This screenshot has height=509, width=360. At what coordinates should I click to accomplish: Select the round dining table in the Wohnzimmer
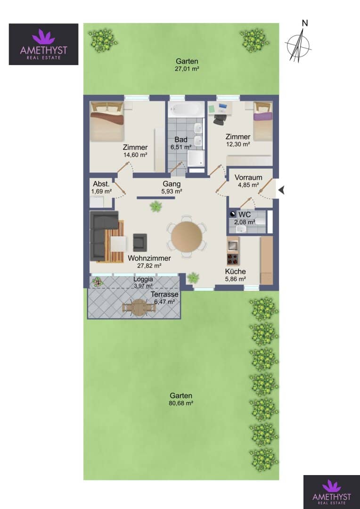(x=187, y=236)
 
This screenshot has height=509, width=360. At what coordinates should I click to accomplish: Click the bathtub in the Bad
(x=186, y=110)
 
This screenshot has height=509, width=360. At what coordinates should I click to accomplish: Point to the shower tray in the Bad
(x=196, y=158)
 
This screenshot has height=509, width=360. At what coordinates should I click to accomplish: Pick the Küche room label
(x=236, y=272)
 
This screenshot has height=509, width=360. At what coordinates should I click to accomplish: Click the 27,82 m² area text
(x=149, y=265)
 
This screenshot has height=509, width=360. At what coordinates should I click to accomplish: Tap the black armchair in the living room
(x=140, y=242)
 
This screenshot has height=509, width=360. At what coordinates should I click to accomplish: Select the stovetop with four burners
(x=233, y=259)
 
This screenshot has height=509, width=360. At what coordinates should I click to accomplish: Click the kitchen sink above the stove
(x=233, y=245)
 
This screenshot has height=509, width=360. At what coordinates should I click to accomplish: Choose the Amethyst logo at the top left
(x=43, y=44)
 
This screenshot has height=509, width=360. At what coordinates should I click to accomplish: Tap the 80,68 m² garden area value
(x=181, y=403)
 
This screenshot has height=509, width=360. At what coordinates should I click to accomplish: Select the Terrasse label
(x=164, y=295)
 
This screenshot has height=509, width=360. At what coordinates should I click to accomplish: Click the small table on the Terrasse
(x=139, y=307)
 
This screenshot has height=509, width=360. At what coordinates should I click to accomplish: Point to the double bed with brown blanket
(x=107, y=121)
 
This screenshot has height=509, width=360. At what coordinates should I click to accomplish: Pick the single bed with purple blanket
(x=263, y=121)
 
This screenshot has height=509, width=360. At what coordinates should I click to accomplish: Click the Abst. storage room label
(x=98, y=182)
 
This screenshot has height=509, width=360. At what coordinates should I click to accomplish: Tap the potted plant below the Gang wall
(x=156, y=206)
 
